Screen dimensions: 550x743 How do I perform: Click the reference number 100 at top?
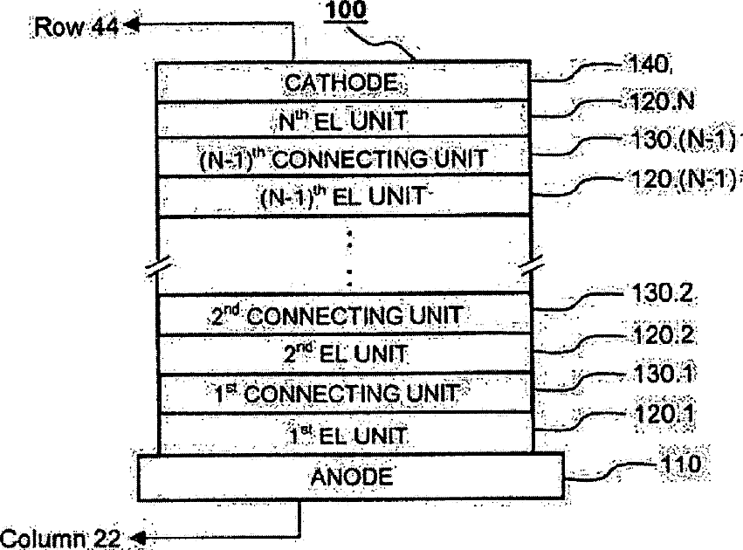(x=347, y=13)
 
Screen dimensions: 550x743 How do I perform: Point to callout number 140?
(x=647, y=64)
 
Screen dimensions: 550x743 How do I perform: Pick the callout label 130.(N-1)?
(x=682, y=140)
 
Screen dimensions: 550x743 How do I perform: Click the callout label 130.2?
(x=660, y=297)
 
